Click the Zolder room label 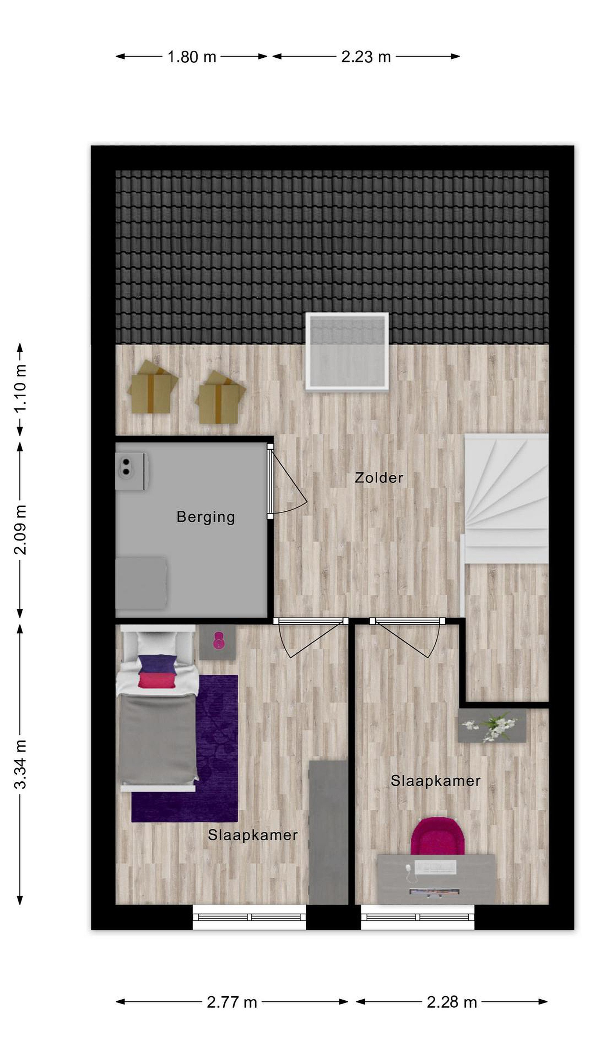[379, 478]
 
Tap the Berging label [205, 517]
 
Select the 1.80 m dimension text [192, 57]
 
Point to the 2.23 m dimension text [366, 57]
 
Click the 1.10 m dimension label [21, 389]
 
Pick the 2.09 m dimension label [21, 530]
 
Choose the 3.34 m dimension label [21, 764]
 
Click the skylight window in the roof [347, 351]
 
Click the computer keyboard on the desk [435, 867]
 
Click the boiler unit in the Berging [132, 471]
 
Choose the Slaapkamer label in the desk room [435, 781]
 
